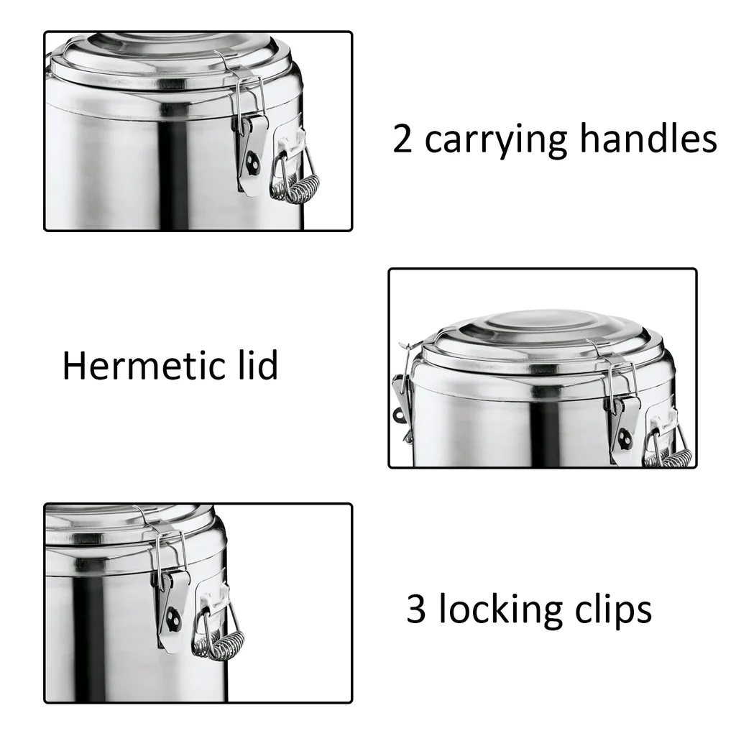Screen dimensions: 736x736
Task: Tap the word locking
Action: (x=500, y=611)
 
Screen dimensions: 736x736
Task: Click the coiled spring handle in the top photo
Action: (x=298, y=188)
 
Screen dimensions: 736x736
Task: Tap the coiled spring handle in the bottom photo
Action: (x=221, y=645)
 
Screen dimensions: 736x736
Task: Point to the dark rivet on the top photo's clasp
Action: (x=253, y=164)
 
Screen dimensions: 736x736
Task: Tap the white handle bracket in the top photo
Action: (x=290, y=142)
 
